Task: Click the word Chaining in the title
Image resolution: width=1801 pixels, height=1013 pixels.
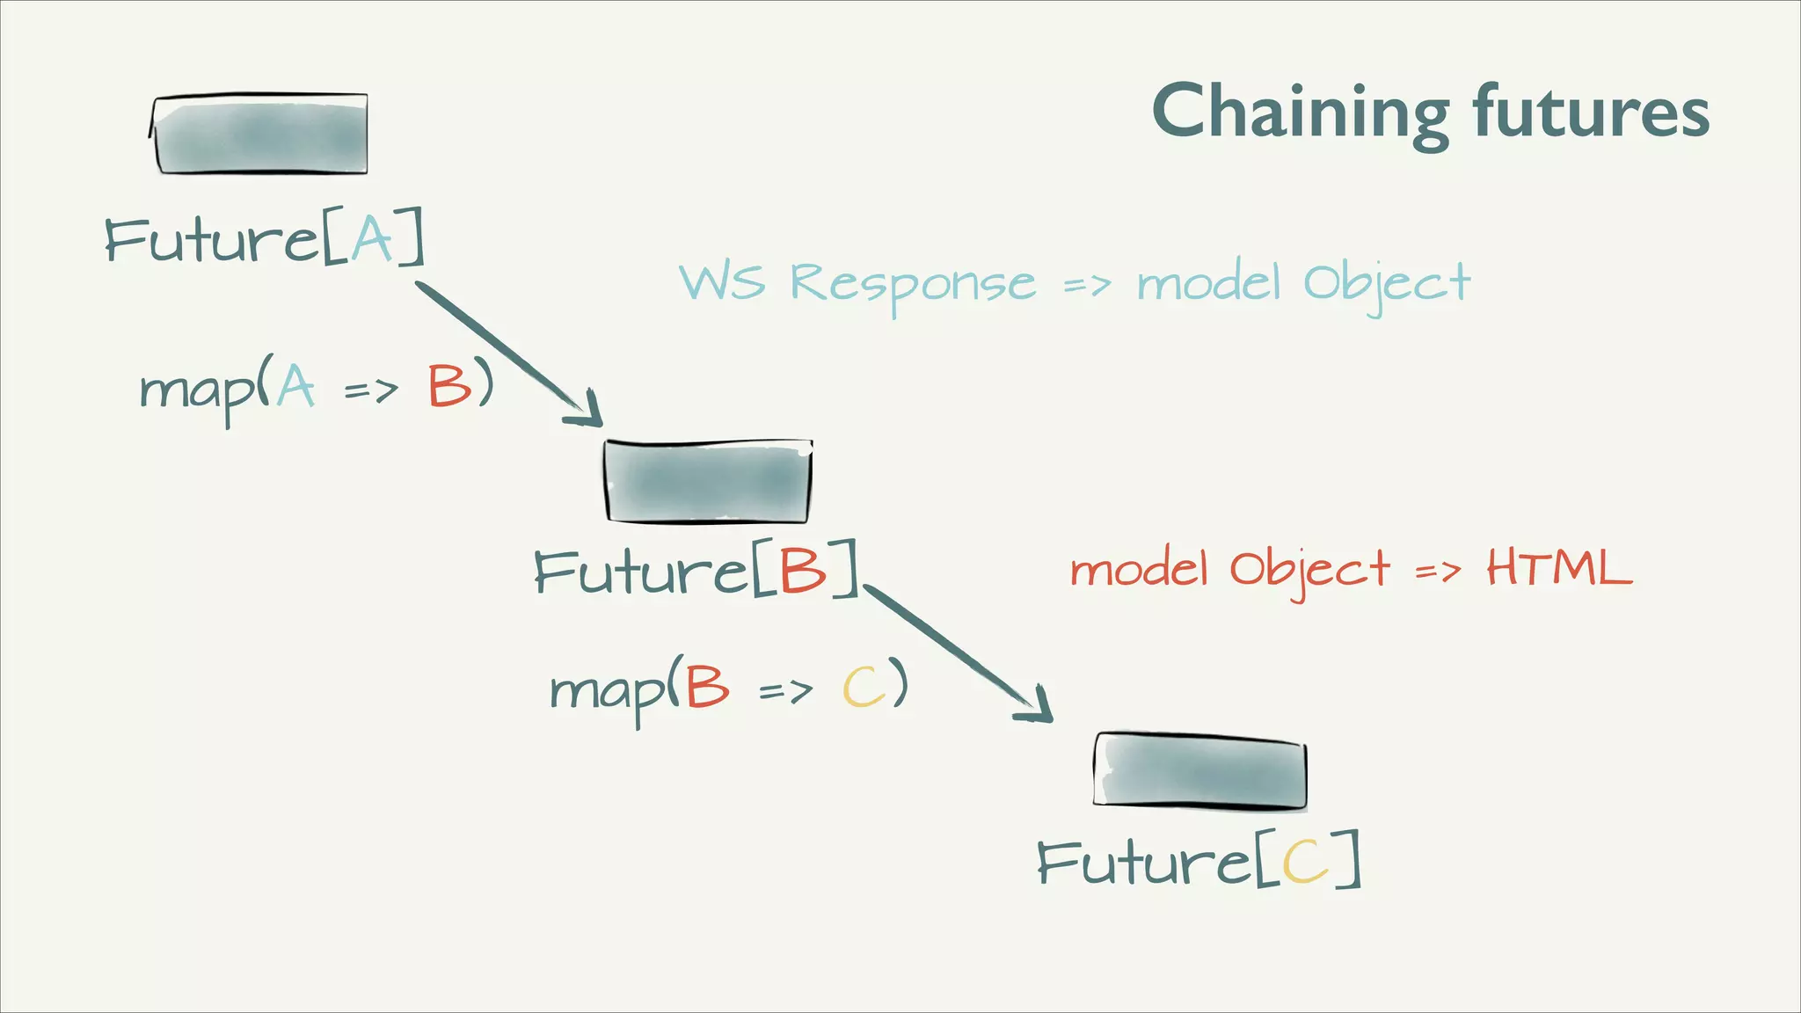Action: [x=1300, y=113]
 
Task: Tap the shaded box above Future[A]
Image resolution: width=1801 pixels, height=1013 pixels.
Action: [x=260, y=135]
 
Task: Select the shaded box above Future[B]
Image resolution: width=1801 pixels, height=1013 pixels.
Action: [x=708, y=482]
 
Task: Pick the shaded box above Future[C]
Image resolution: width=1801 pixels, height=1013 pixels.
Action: [x=1200, y=770]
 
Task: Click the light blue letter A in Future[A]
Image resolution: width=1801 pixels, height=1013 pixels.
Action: [x=371, y=238]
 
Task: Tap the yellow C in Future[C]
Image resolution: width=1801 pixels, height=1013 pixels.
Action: [x=1305, y=861]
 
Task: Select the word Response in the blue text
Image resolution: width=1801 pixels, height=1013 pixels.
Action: [x=913, y=284]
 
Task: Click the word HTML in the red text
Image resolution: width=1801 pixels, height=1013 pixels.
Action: [x=1558, y=568]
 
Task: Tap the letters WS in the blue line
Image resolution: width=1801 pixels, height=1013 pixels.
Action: [x=721, y=282]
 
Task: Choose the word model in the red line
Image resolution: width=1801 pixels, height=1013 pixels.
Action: [x=1138, y=570]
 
